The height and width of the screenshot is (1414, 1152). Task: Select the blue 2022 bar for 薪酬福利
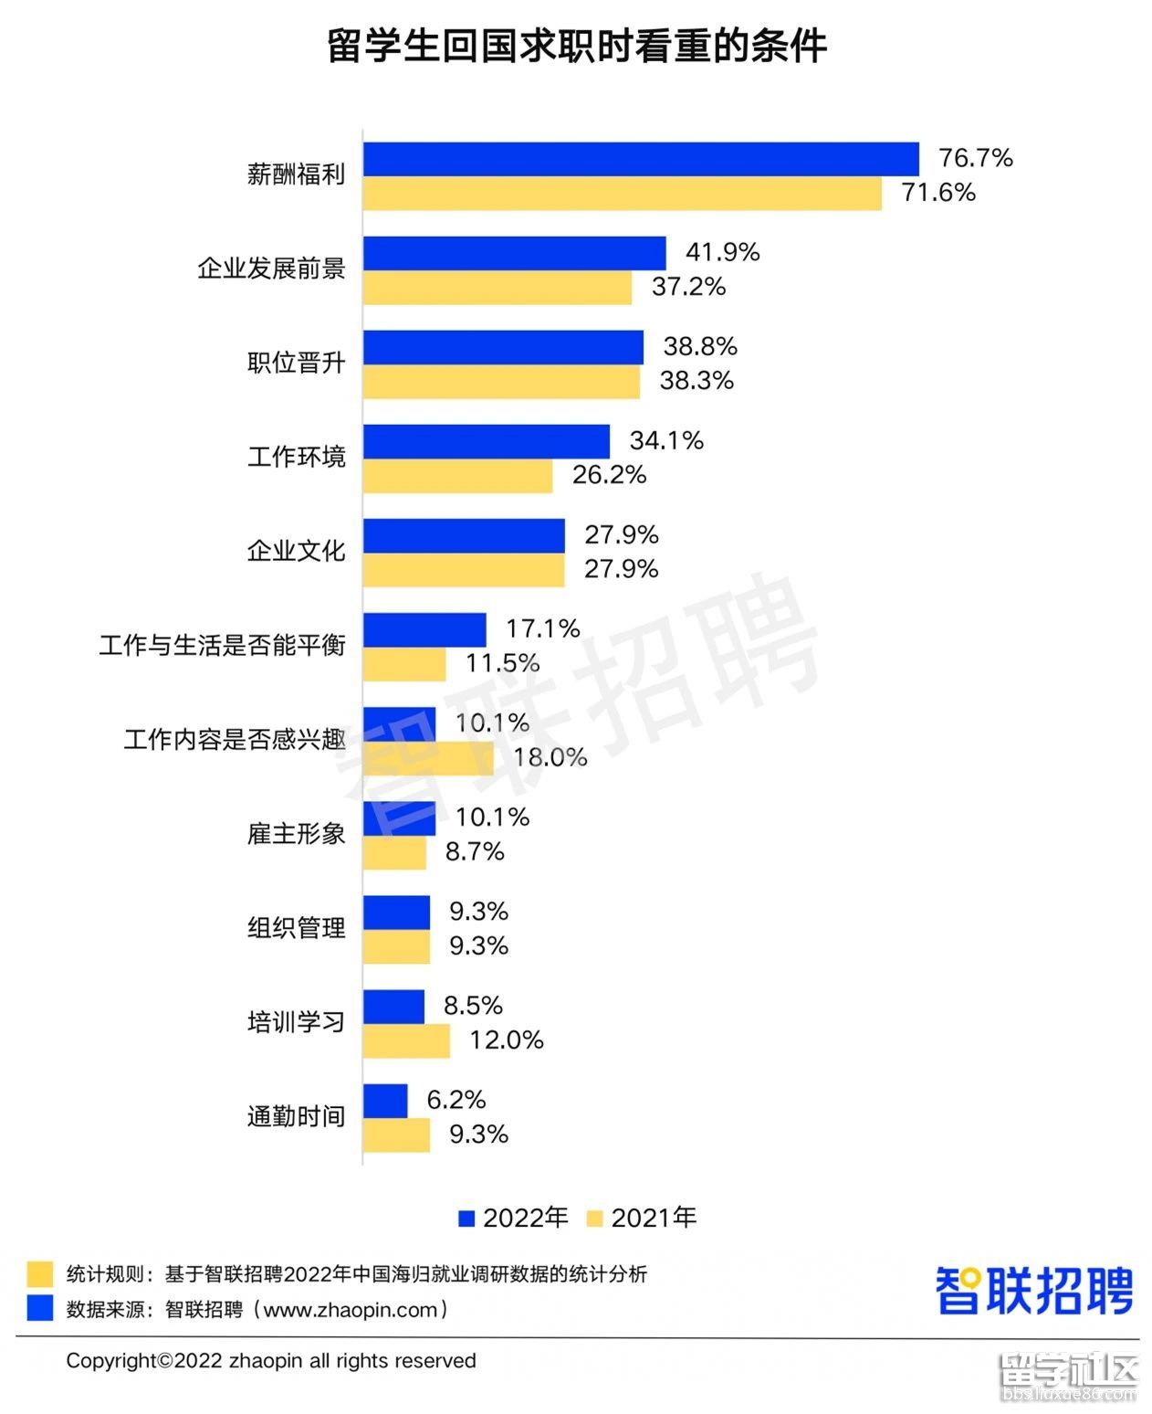pyautogui.click(x=640, y=159)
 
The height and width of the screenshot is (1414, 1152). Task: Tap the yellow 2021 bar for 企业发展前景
pyautogui.click(x=497, y=288)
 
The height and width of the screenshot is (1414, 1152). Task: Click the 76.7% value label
pyautogui.click(x=975, y=158)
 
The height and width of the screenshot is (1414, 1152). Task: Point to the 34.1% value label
pyautogui.click(x=665, y=440)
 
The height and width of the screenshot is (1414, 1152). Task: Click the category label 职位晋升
pyautogui.click(x=296, y=363)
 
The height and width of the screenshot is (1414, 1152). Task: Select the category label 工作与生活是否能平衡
pyautogui.click(x=222, y=646)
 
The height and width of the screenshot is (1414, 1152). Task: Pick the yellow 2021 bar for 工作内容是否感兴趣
pyautogui.click(x=427, y=758)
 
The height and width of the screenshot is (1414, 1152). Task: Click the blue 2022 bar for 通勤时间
pyautogui.click(x=384, y=1101)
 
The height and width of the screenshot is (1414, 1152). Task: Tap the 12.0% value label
pyautogui.click(x=506, y=1039)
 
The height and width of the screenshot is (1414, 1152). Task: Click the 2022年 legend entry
pyautogui.click(x=513, y=1218)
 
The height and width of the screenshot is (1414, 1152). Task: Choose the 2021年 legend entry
pyautogui.click(x=642, y=1218)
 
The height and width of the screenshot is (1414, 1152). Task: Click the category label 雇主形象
pyautogui.click(x=296, y=834)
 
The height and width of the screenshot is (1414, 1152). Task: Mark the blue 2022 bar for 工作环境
pyautogui.click(x=486, y=441)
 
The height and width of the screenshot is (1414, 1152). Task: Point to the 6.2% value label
pyautogui.click(x=456, y=1099)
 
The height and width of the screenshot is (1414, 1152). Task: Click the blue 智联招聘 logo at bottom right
pyautogui.click(x=1033, y=1291)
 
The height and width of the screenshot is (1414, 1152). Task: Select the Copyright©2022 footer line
pyautogui.click(x=271, y=1361)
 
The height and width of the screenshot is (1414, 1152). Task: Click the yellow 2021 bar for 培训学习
pyautogui.click(x=405, y=1041)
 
